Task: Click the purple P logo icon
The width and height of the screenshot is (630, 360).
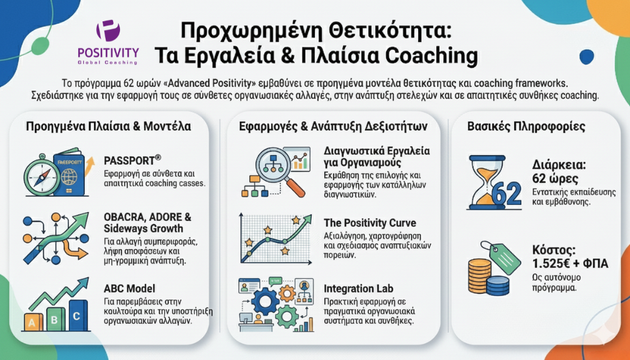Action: (x=108, y=31)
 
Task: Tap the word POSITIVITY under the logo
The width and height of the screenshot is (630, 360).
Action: (x=109, y=52)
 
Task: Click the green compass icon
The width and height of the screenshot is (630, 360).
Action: (x=42, y=175)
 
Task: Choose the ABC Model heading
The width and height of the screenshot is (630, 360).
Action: (x=129, y=289)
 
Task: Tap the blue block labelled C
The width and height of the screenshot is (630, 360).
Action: (x=78, y=316)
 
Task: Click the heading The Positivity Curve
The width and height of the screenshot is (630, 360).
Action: (x=370, y=223)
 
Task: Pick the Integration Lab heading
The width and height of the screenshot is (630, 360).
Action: (x=358, y=289)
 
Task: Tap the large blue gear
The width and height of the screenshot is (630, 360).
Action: (x=265, y=301)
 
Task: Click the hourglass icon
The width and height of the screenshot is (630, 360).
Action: (x=487, y=182)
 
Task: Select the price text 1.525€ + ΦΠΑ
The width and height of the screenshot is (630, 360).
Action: (x=570, y=263)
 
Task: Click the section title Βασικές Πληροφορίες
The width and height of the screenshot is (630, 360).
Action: (x=526, y=126)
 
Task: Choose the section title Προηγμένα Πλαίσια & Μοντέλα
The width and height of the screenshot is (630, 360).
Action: (x=109, y=126)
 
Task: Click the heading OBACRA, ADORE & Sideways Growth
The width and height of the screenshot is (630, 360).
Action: (x=147, y=222)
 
